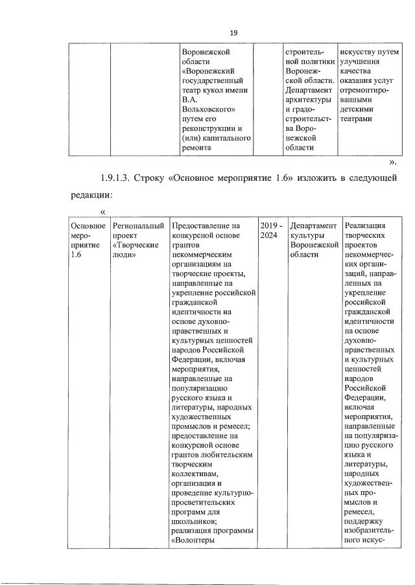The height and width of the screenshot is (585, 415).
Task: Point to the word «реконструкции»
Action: click(211, 129)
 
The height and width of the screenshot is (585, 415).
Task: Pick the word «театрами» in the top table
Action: click(356, 119)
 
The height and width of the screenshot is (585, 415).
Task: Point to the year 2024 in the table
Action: click(268, 236)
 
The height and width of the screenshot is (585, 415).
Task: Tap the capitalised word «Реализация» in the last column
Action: click(367, 226)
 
